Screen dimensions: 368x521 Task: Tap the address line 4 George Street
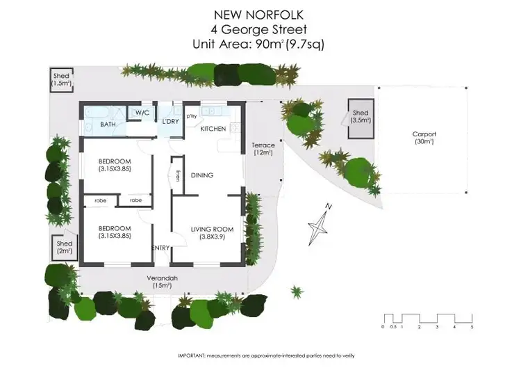tap(260, 29)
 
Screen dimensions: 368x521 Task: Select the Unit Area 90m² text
tap(260, 44)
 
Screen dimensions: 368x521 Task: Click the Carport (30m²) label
tap(423, 138)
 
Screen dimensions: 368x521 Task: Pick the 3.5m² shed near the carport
tap(361, 116)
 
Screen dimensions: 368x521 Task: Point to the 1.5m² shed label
tap(61, 79)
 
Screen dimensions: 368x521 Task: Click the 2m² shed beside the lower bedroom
tap(65, 247)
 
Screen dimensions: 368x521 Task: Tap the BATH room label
tap(108, 125)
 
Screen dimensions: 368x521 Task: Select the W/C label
tap(142, 113)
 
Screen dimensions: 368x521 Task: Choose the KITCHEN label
tap(211, 129)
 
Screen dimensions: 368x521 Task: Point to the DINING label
tap(202, 175)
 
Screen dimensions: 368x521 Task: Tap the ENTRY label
tap(161, 248)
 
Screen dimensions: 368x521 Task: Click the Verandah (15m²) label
tap(163, 282)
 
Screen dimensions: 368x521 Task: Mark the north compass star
tap(320, 224)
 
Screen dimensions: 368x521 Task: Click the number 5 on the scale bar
tap(472, 326)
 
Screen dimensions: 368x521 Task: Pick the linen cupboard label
tap(179, 176)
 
